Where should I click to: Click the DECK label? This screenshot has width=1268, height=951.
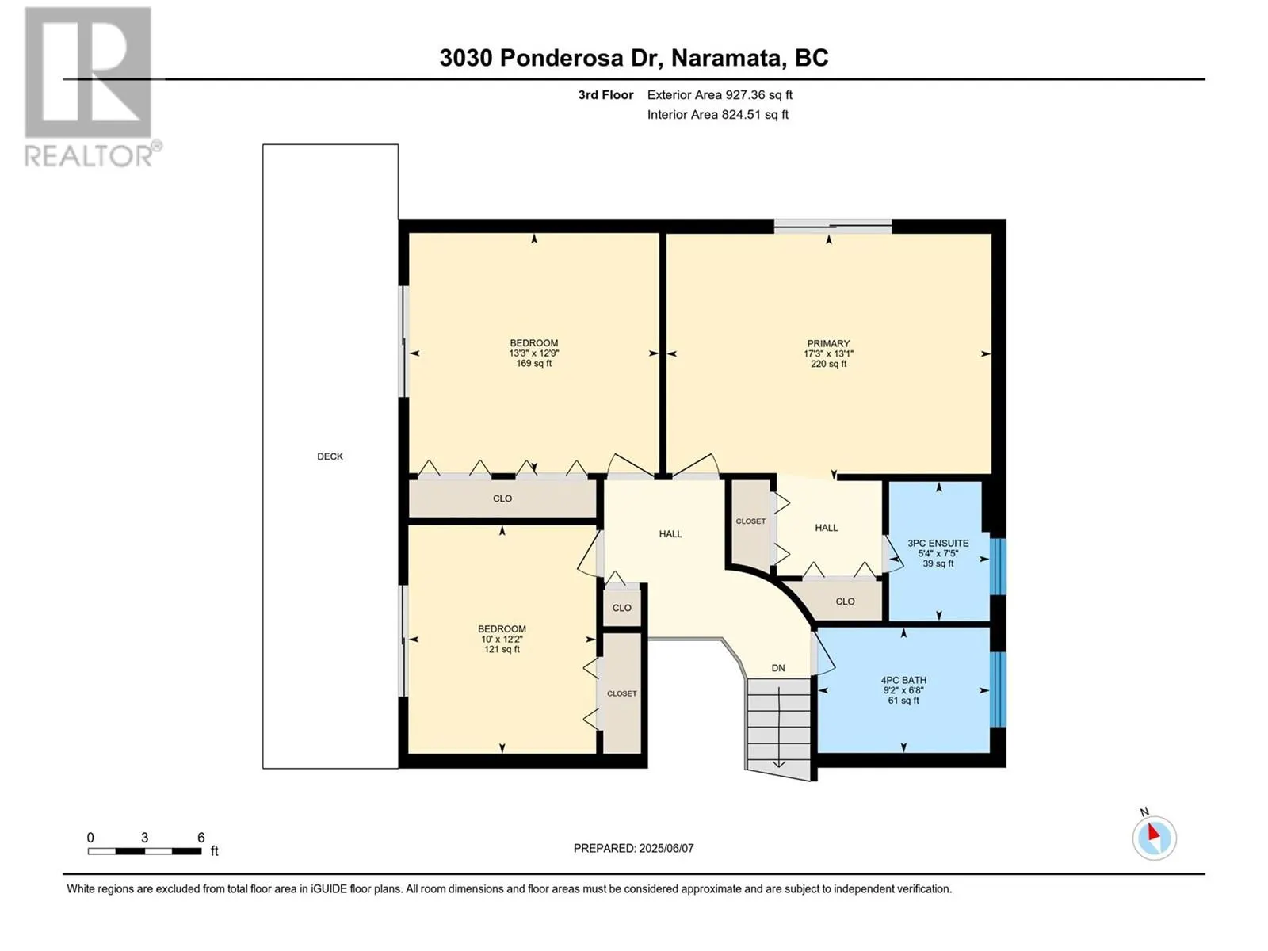(330, 456)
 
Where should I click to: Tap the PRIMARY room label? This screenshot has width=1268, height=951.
(828, 344)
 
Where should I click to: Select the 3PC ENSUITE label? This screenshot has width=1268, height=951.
(938, 543)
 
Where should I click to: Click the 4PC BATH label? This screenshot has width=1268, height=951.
(903, 680)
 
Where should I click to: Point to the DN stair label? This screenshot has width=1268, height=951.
(778, 668)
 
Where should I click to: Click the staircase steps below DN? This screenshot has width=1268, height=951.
(779, 728)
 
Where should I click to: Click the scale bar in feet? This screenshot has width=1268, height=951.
(144, 851)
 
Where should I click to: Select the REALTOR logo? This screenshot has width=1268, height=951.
(90, 86)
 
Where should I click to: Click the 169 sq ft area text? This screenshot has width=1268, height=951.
(534, 364)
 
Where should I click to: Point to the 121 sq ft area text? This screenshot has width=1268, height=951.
(502, 650)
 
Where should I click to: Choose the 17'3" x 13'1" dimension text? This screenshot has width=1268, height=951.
(828, 354)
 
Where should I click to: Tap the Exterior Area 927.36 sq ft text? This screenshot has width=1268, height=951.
(720, 95)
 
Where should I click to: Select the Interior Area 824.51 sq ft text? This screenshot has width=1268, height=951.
(717, 115)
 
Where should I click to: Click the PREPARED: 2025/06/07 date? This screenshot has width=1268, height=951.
(634, 848)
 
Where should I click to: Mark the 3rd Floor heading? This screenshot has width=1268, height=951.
(605, 95)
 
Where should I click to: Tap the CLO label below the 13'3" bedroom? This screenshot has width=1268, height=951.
(502, 498)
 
